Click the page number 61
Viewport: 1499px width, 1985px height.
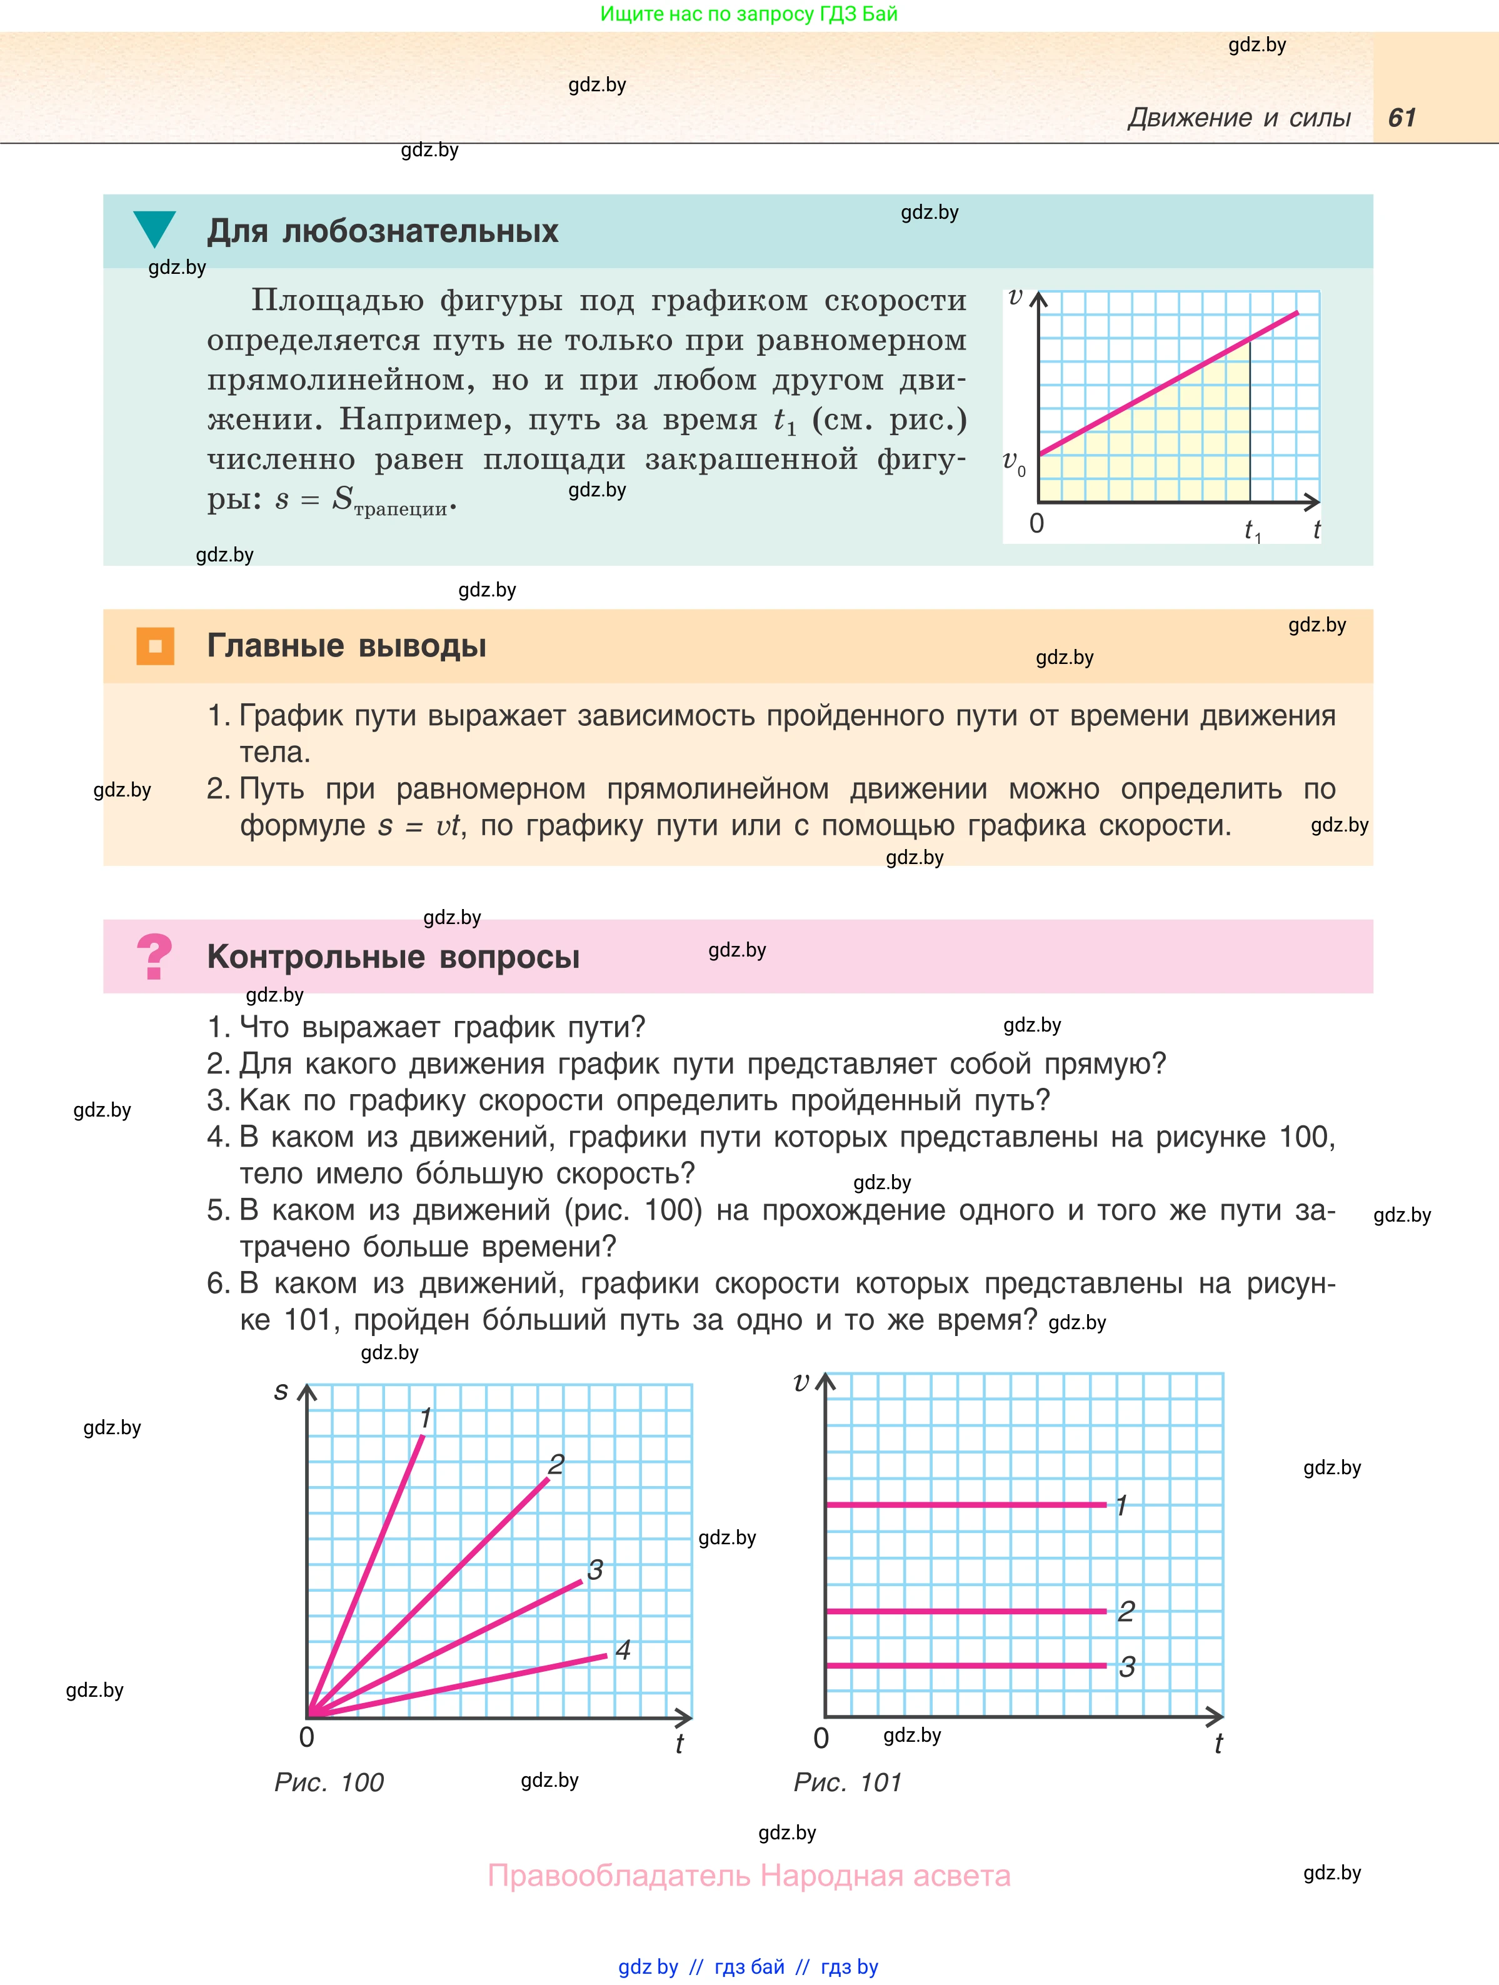pos(1401,118)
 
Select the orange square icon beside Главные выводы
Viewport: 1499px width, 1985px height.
pos(155,646)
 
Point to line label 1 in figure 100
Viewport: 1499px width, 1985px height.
pos(426,1418)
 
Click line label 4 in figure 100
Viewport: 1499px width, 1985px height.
pos(623,1649)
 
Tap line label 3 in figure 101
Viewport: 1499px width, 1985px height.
pos(1126,1666)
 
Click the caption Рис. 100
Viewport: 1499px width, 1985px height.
pos(328,1782)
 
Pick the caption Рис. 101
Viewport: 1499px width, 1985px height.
pos(847,1782)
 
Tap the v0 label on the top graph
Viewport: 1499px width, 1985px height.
pos(1014,463)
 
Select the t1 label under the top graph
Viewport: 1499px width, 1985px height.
pos(1252,531)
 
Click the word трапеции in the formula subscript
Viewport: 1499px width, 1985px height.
pos(400,510)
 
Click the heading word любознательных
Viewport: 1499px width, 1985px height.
pos(420,231)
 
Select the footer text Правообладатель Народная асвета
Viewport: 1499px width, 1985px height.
pos(749,1876)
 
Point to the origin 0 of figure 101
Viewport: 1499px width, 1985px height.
pos(821,1738)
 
